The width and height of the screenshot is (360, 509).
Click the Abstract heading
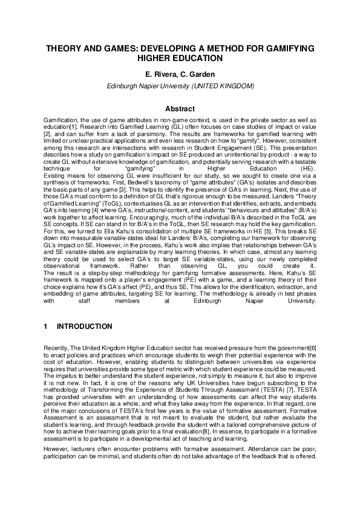(x=180, y=109)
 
